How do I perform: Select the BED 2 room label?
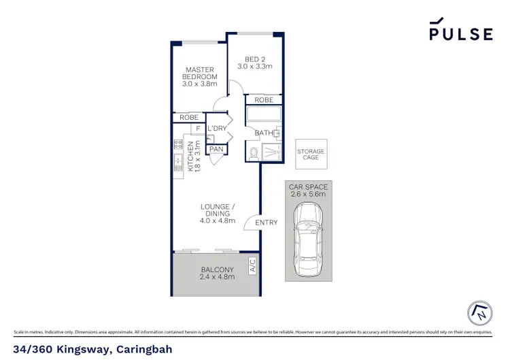[x=254, y=62]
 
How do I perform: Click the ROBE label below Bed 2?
[x=264, y=100]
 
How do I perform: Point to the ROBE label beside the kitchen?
[x=188, y=118]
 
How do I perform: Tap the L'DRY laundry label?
[x=217, y=129]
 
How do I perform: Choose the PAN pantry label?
[x=217, y=149]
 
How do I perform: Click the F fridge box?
[x=198, y=129]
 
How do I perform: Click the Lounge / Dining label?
[x=217, y=214]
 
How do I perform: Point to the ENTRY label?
[x=267, y=223]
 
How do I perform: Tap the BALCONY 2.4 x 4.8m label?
[x=217, y=273]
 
